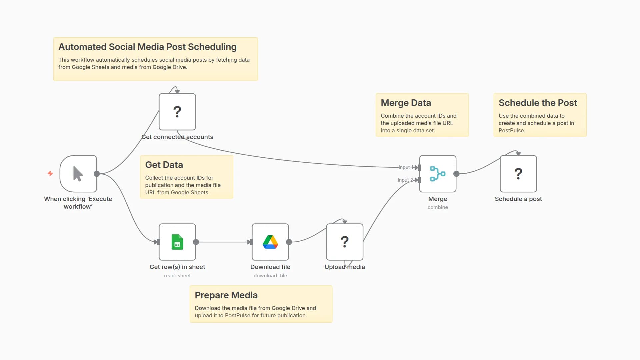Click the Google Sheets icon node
point(177,242)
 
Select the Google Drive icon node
point(270,242)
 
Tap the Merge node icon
point(438,174)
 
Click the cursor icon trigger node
point(78,174)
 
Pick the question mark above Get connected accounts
point(177,112)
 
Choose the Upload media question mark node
point(345,242)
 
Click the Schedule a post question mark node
point(518,174)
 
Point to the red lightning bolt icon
point(50,173)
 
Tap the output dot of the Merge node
point(456,174)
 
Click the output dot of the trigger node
point(97,174)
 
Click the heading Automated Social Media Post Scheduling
point(147,47)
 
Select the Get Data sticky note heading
point(164,165)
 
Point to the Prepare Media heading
point(226,295)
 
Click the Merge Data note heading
point(406,103)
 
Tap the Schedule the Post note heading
point(538,103)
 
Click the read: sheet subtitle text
point(177,276)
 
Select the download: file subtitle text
point(270,276)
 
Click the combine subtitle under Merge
point(438,207)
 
